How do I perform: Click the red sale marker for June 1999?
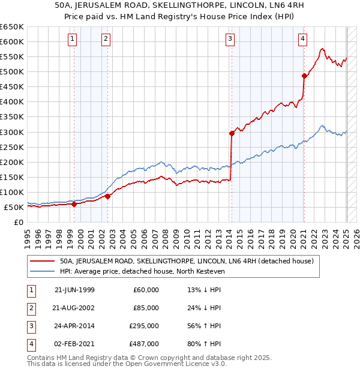pyautogui.click(x=74, y=204)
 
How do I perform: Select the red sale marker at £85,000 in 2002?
pyautogui.click(x=108, y=196)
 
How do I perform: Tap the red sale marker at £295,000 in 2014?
pyautogui.click(x=232, y=133)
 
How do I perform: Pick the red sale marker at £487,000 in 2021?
pyautogui.click(x=304, y=76)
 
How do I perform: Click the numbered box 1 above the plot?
pyautogui.click(x=72, y=40)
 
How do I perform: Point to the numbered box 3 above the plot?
pyautogui.click(x=230, y=40)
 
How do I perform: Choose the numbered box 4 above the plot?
pyautogui.click(x=303, y=40)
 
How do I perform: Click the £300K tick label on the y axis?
pyautogui.click(x=12, y=132)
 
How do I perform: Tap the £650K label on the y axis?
pyautogui.click(x=12, y=27)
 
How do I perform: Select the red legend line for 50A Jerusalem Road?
pyautogui.click(x=41, y=261)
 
